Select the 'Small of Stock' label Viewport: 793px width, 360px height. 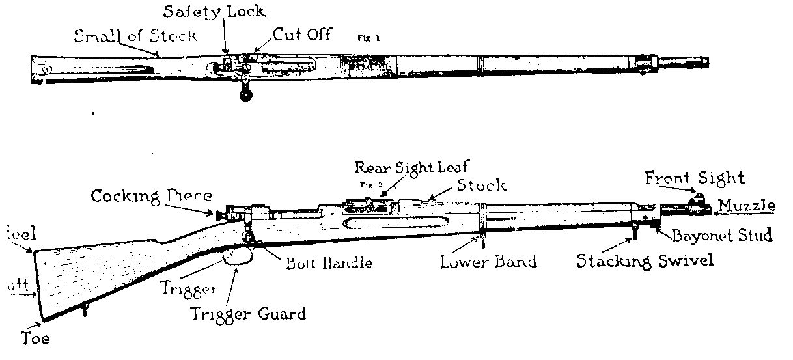pyautogui.click(x=135, y=35)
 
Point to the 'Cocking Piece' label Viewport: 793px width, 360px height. pyautogui.click(x=151, y=195)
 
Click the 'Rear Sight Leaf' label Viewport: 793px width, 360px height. pyautogui.click(x=411, y=168)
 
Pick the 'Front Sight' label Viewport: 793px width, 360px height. pyautogui.click(x=695, y=177)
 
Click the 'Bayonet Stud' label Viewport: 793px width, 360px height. pyautogui.click(x=722, y=235)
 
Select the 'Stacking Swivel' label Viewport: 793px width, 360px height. pyautogui.click(x=645, y=260)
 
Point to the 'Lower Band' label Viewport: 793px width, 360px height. pyautogui.click(x=488, y=262)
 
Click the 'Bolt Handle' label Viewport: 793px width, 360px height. pyautogui.click(x=329, y=263)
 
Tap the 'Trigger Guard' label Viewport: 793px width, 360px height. pyautogui.click(x=247, y=313)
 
